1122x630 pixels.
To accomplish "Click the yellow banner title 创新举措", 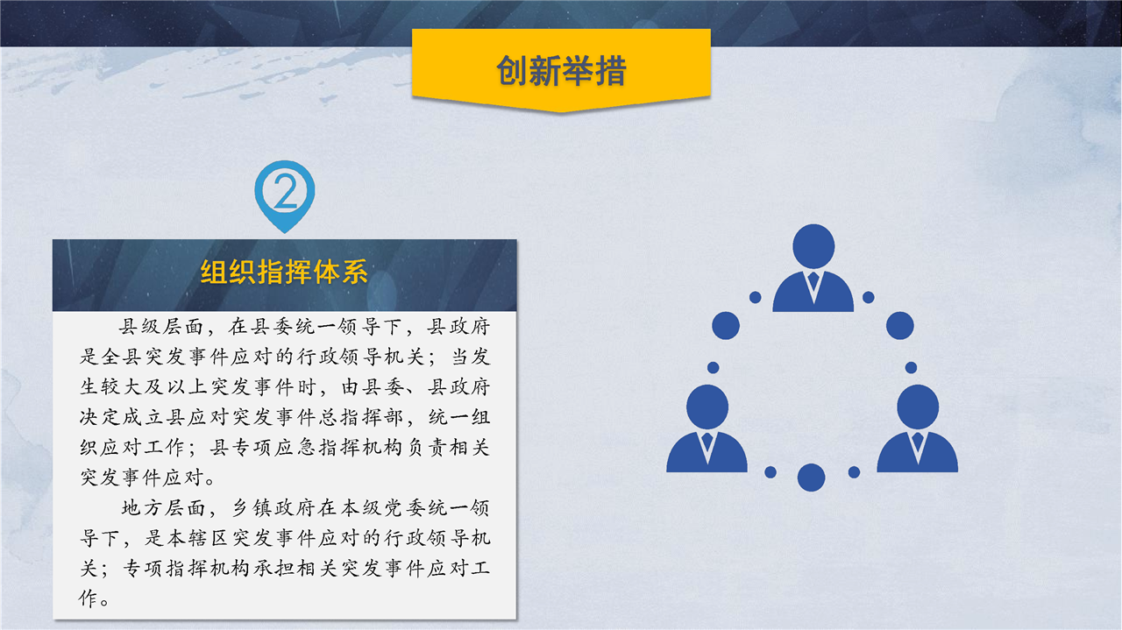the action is point(561,70).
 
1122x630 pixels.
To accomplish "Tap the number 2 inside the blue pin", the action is point(286,191).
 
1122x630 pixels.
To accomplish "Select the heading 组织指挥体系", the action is point(285,273).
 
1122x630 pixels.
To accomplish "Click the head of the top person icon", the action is point(813,246).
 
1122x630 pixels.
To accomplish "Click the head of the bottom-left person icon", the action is point(707,407).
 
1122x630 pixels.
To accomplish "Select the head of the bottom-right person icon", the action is point(918,407).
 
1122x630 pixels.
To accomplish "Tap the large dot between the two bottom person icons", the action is point(812,478).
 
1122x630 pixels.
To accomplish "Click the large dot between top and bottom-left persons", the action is point(726,326).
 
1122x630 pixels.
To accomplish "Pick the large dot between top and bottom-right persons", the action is point(900,326).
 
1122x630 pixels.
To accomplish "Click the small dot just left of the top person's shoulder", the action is point(756,297).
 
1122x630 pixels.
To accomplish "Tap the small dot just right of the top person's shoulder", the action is point(869,297).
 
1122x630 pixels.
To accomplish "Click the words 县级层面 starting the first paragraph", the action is point(160,327).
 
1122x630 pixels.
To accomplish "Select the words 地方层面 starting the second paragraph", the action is point(163,508).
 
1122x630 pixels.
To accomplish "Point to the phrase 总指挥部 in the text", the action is point(360,417).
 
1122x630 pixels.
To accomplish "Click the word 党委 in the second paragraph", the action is point(404,508).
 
